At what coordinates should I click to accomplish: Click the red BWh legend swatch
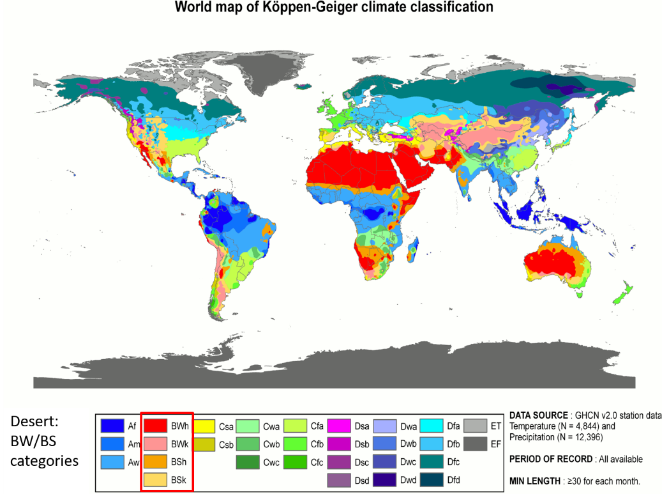pos(156,426)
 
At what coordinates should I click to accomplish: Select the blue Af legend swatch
pos(112,426)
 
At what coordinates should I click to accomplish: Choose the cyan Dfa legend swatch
pos(432,426)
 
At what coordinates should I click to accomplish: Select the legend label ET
pos(497,426)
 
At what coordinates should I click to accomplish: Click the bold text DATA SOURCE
pos(538,415)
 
